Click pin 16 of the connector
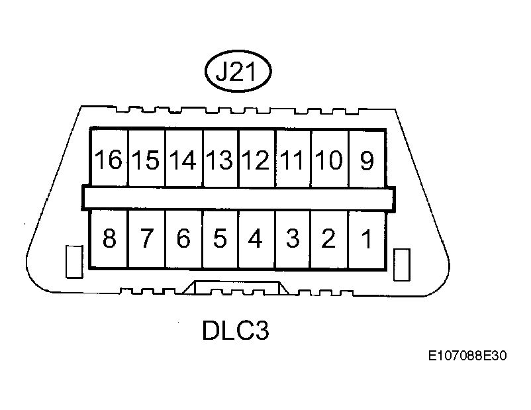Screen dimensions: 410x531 pos(109,159)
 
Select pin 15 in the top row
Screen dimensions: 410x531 pos(146,159)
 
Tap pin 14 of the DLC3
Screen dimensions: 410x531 pos(183,159)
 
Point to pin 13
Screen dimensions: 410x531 pos(220,159)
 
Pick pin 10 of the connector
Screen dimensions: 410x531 pos(329,159)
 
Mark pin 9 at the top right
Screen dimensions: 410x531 pos(366,159)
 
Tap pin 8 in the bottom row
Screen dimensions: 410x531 pos(109,238)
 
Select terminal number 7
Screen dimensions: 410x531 pos(146,238)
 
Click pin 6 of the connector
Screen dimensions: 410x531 pos(183,238)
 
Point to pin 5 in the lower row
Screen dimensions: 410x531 pos(220,238)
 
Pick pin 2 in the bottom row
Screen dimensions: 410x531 pos(329,238)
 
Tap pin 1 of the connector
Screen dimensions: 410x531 pos(366,238)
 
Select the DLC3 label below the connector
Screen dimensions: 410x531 pos(235,331)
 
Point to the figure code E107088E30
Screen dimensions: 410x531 pos(467,357)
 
